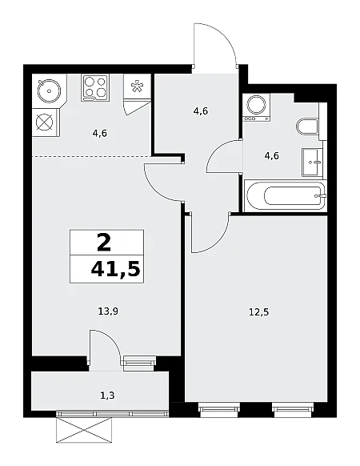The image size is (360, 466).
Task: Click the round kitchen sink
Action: click(49, 90)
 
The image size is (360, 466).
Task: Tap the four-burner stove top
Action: click(95, 87)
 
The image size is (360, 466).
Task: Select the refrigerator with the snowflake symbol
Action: click(137, 86)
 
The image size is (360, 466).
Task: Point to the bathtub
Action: click(285, 196)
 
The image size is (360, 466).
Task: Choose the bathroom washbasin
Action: click(312, 163)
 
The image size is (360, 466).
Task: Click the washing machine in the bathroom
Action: click(256, 107)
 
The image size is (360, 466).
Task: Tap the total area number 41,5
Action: click(115, 269)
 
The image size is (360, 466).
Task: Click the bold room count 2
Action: click(104, 243)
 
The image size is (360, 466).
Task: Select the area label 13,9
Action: click(108, 311)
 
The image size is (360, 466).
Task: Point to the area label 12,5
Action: click(258, 312)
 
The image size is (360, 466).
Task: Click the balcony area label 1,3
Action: click(107, 396)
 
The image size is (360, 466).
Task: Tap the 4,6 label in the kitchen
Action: click(99, 134)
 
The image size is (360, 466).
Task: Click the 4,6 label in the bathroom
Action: click(271, 155)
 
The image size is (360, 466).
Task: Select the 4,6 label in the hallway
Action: click(201, 111)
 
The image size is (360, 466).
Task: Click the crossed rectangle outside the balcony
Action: click(84, 430)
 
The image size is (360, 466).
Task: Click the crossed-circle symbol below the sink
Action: click(44, 123)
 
